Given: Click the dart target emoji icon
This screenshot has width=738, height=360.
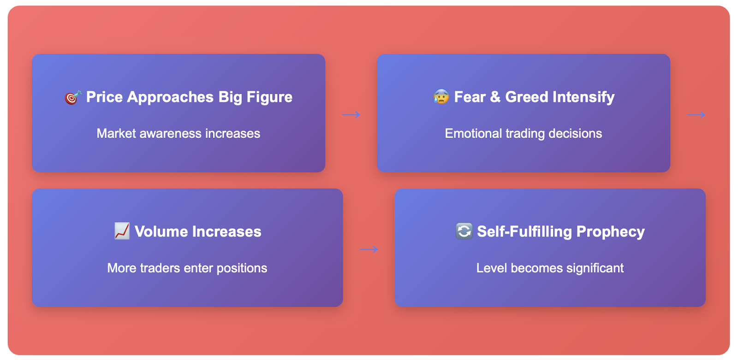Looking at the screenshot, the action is point(73,97).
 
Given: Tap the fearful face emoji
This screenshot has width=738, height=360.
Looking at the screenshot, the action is point(441,97).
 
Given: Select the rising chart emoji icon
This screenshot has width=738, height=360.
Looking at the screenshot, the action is point(122,231).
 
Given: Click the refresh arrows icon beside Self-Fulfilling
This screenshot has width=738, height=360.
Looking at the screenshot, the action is point(464,231).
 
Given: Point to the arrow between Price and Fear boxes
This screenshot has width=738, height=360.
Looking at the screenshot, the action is point(351,115).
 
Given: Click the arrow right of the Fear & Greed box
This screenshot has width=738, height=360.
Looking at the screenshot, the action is point(696,115).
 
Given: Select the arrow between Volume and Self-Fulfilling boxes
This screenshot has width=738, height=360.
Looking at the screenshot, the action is point(369,249).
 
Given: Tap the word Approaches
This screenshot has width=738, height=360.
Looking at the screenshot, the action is point(170,98).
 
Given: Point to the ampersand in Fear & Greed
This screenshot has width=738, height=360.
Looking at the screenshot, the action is point(495,97).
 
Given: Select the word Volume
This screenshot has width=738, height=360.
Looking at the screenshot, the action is point(161,231).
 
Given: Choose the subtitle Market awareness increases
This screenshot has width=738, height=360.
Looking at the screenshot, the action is point(178,133).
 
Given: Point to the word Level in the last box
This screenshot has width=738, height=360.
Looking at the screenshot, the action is point(492,268).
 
